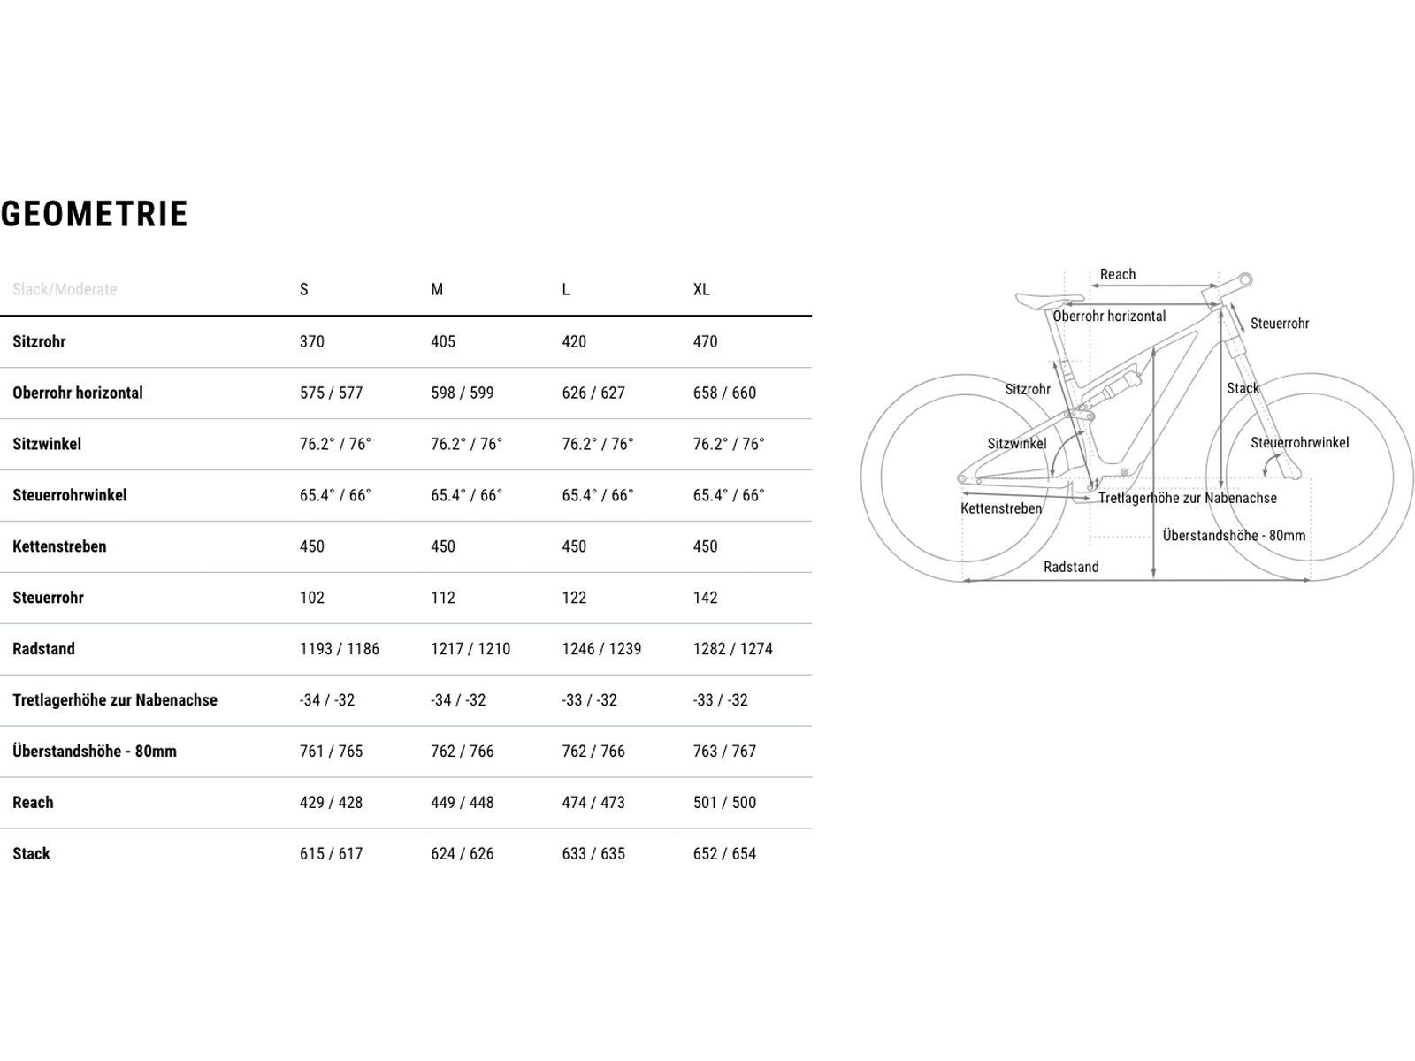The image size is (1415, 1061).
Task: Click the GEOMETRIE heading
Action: coord(95,214)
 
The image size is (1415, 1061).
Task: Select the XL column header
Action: coord(701,289)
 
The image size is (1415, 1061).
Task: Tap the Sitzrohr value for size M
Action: coord(443,341)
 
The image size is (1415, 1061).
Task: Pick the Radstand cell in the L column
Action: coord(601,649)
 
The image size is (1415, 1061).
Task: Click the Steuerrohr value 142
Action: coord(705,598)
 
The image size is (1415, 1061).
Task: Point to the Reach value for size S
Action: coord(331,803)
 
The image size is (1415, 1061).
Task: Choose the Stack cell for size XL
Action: coord(724,854)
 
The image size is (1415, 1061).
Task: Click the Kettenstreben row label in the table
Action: coord(59,546)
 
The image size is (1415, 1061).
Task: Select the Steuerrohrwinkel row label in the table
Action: coord(70,495)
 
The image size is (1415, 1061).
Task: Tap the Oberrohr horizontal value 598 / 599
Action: coord(463,393)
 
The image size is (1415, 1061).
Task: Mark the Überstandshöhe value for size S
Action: coord(331,752)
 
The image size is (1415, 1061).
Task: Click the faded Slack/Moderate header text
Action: coord(65,289)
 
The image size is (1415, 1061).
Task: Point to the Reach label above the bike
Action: coord(1118,274)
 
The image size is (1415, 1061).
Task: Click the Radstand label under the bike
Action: coord(1071,567)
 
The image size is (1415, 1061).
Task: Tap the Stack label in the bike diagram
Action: coord(1243,388)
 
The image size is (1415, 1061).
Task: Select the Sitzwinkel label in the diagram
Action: coord(1016,444)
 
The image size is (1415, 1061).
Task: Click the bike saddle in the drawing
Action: coord(1049,300)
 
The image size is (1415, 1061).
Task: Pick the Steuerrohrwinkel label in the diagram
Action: coord(1299,442)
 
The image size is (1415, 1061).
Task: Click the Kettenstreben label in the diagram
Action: coord(1001,508)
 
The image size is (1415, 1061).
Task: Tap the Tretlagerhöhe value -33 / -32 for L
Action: coord(589,700)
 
